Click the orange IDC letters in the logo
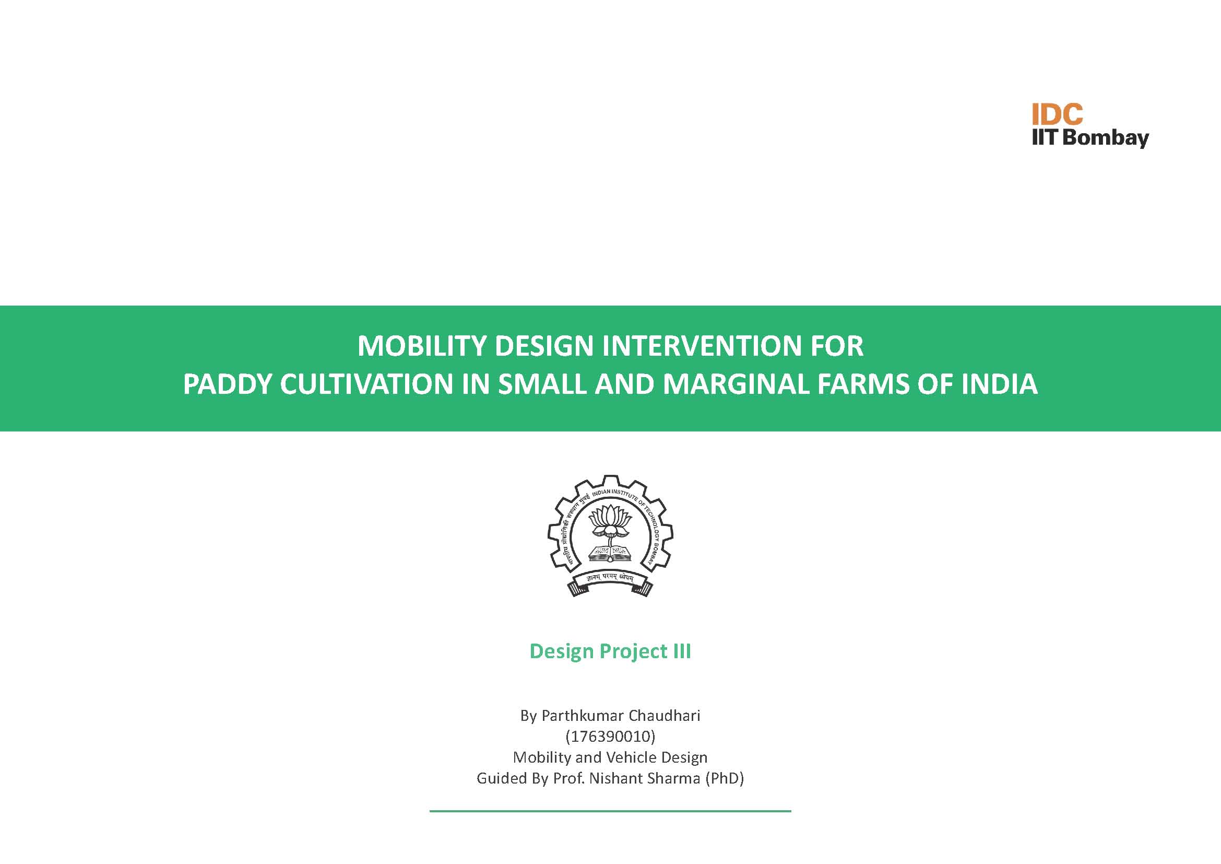click(x=1057, y=114)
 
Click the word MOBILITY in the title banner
click(x=422, y=346)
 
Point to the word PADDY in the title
click(x=227, y=384)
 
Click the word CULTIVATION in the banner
click(x=366, y=384)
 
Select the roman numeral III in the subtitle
click(x=682, y=651)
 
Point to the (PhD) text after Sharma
click(x=725, y=779)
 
